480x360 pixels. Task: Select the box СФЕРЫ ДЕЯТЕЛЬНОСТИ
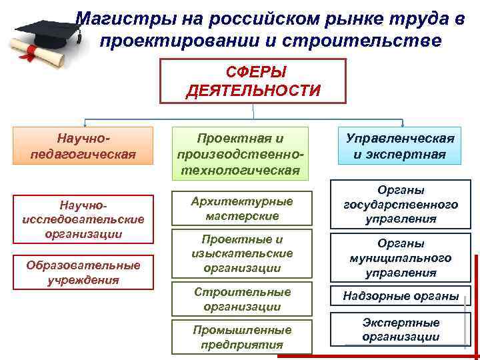(253, 80)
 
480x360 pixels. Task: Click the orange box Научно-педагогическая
(83, 146)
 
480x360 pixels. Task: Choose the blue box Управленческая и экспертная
(400, 147)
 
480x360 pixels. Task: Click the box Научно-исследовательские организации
(83, 217)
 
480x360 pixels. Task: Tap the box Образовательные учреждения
(83, 272)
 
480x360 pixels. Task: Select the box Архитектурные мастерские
(242, 209)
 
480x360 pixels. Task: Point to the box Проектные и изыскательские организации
(242, 253)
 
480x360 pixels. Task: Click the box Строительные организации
(242, 299)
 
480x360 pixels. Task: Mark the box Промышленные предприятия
(242, 337)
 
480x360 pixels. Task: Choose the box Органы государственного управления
(400, 204)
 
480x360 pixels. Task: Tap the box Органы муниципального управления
(400, 258)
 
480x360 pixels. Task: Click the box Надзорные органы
(400, 295)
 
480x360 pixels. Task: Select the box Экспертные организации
(400, 329)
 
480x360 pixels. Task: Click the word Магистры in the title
(117, 18)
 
